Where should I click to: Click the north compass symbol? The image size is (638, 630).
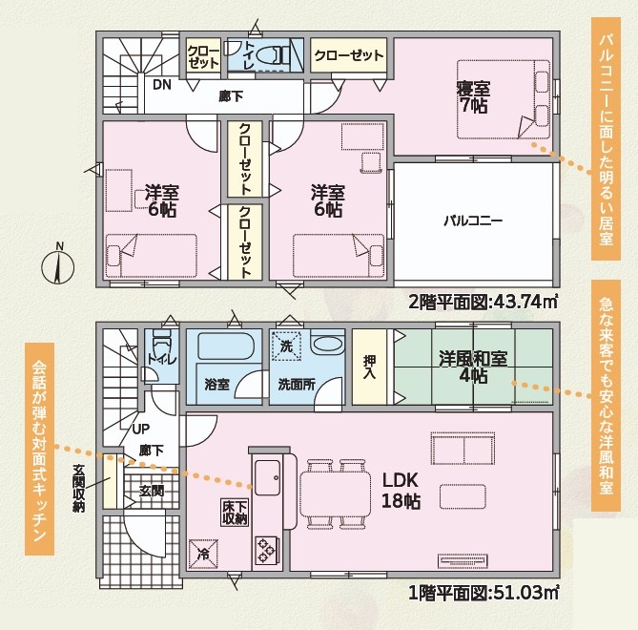[58, 267]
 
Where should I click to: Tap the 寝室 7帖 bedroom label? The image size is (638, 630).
[473, 97]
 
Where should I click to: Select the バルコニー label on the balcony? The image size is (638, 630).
[473, 221]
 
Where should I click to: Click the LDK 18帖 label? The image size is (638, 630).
[401, 492]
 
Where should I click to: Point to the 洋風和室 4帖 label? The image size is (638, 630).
[473, 367]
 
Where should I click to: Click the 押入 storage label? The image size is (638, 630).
[369, 367]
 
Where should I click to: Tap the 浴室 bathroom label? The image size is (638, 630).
[216, 384]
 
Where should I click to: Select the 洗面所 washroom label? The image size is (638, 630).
[297, 385]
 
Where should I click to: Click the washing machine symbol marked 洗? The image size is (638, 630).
[286, 346]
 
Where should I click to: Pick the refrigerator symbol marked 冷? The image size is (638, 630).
[203, 555]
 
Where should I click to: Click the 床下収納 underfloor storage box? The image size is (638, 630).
[235, 513]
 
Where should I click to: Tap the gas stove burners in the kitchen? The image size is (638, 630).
[266, 550]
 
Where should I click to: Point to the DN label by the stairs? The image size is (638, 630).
[162, 85]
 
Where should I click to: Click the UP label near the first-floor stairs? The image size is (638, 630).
[141, 429]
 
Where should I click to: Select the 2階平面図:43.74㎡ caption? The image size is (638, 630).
[483, 303]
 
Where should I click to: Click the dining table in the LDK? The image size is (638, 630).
[336, 494]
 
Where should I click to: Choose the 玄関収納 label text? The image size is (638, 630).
[78, 489]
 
